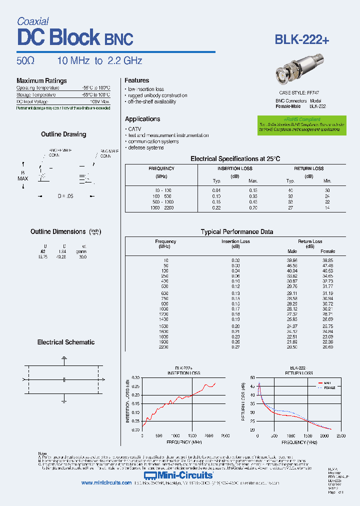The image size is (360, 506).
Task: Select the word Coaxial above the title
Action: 32,21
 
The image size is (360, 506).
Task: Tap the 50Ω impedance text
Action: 25,61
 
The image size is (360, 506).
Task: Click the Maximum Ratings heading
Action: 41,80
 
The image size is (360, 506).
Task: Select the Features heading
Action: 137,80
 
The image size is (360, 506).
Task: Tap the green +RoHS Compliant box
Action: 302,125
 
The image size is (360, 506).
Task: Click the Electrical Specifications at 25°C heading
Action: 235,158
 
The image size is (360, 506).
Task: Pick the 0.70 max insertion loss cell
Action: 253,207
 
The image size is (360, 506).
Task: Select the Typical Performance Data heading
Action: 236,231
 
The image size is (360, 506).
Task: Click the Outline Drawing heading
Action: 63,134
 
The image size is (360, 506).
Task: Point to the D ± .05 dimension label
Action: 65,196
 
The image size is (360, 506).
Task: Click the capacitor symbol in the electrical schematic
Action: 64,380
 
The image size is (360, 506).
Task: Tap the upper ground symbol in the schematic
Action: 64,358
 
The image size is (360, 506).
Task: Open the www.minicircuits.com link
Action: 106,483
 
